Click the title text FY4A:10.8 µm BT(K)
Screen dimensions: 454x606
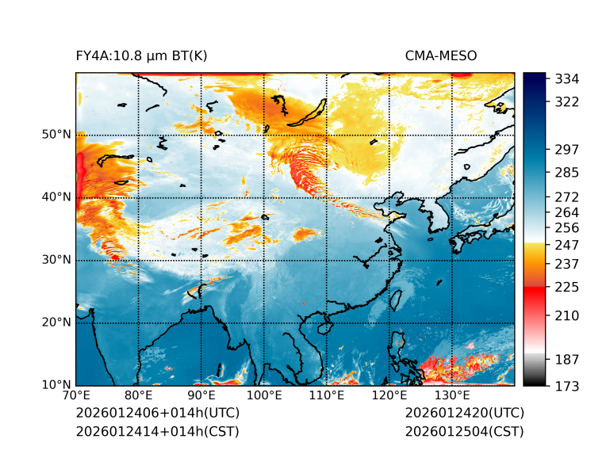point(142,55)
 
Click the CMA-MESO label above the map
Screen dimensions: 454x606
point(441,55)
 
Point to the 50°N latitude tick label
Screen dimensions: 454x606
point(56,135)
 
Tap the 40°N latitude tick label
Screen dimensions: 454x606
point(56,197)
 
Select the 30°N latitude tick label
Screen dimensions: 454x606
point(56,260)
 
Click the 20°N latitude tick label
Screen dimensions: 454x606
point(56,322)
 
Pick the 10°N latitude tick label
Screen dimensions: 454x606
point(56,385)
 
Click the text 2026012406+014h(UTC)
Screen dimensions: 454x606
point(157,413)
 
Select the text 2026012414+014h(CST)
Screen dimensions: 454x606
point(157,431)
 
